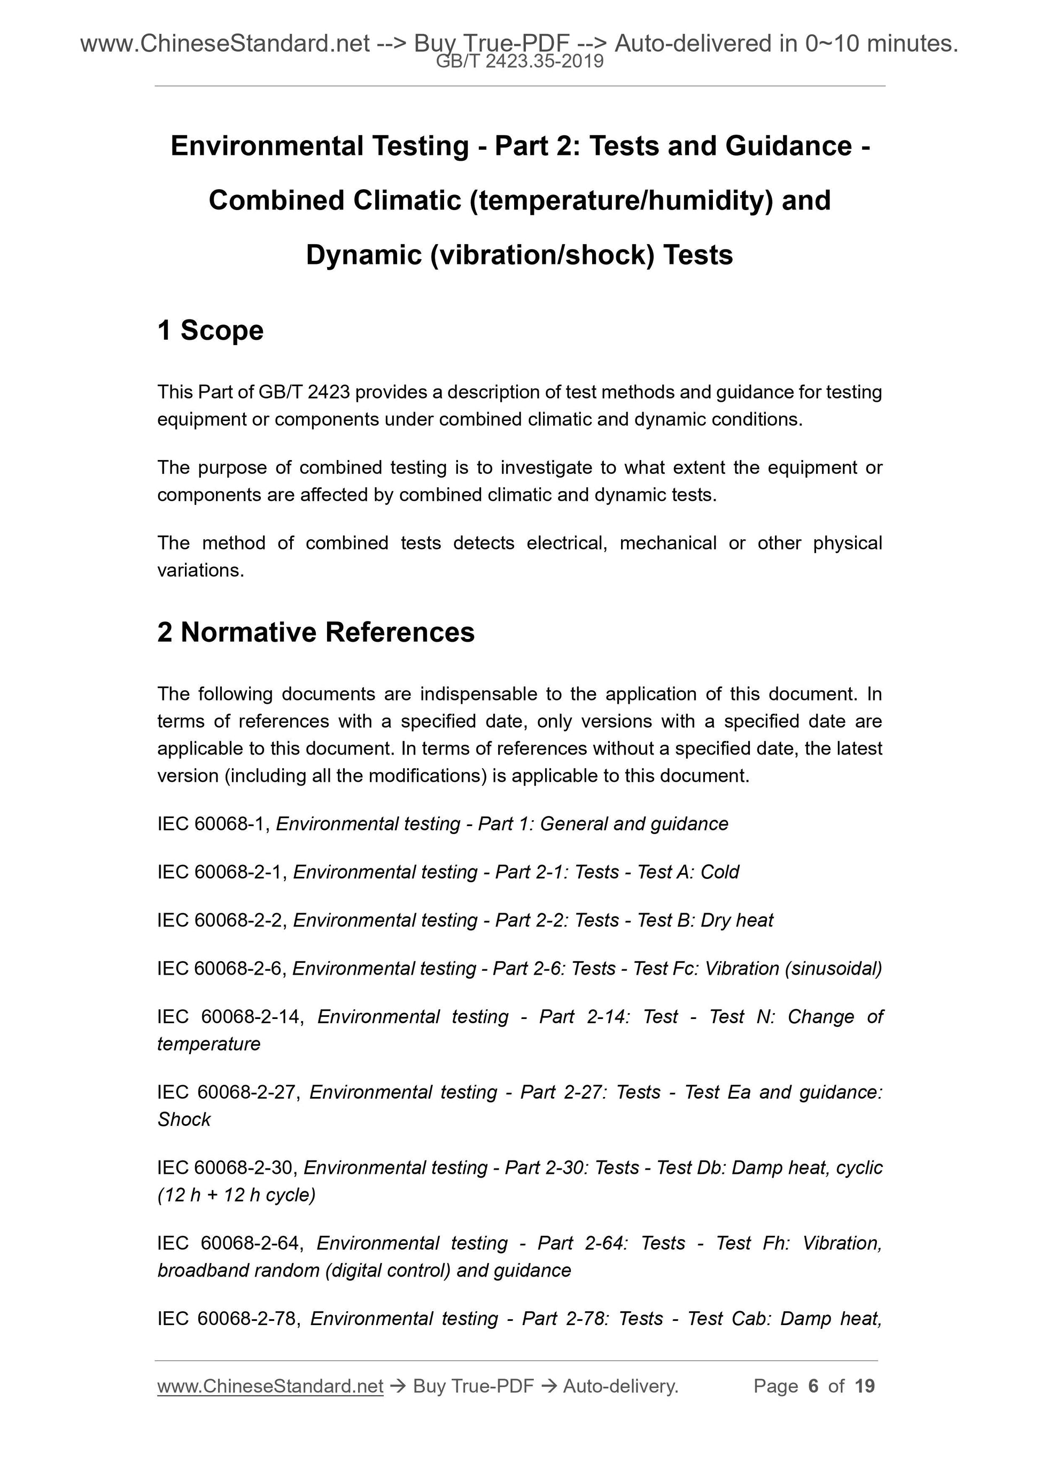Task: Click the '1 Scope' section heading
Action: pyautogui.click(x=210, y=331)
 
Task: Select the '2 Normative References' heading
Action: pyautogui.click(x=315, y=632)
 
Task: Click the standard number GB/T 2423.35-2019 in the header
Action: pyautogui.click(x=519, y=61)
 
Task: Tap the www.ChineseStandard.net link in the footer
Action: pyautogui.click(x=270, y=1386)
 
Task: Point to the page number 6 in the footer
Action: pyautogui.click(x=813, y=1386)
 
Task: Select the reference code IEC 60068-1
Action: pyautogui.click(x=214, y=824)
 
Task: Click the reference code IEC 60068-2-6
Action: pyautogui.click(x=222, y=969)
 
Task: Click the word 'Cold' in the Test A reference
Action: pyautogui.click(x=719, y=872)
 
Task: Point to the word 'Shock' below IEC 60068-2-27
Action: pyautogui.click(x=184, y=1119)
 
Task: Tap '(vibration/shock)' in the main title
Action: pyautogui.click(x=543, y=255)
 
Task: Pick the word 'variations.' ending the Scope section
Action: pyautogui.click(x=200, y=570)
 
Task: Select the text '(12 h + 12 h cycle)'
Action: pyautogui.click(x=236, y=1195)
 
